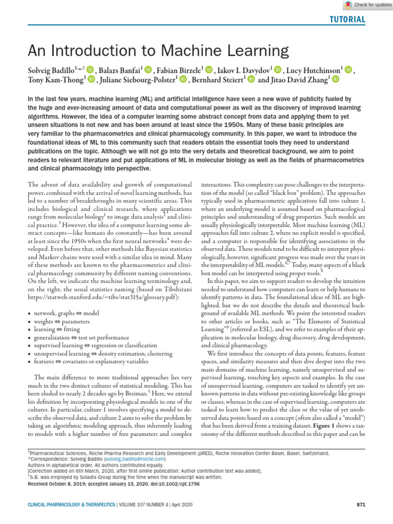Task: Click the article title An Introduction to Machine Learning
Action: [x=158, y=51]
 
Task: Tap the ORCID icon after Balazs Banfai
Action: [x=149, y=70]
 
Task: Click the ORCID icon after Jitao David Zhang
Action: [x=336, y=79]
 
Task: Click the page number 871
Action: [x=360, y=505]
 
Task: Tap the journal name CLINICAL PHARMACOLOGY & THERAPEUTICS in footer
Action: [x=72, y=505]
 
